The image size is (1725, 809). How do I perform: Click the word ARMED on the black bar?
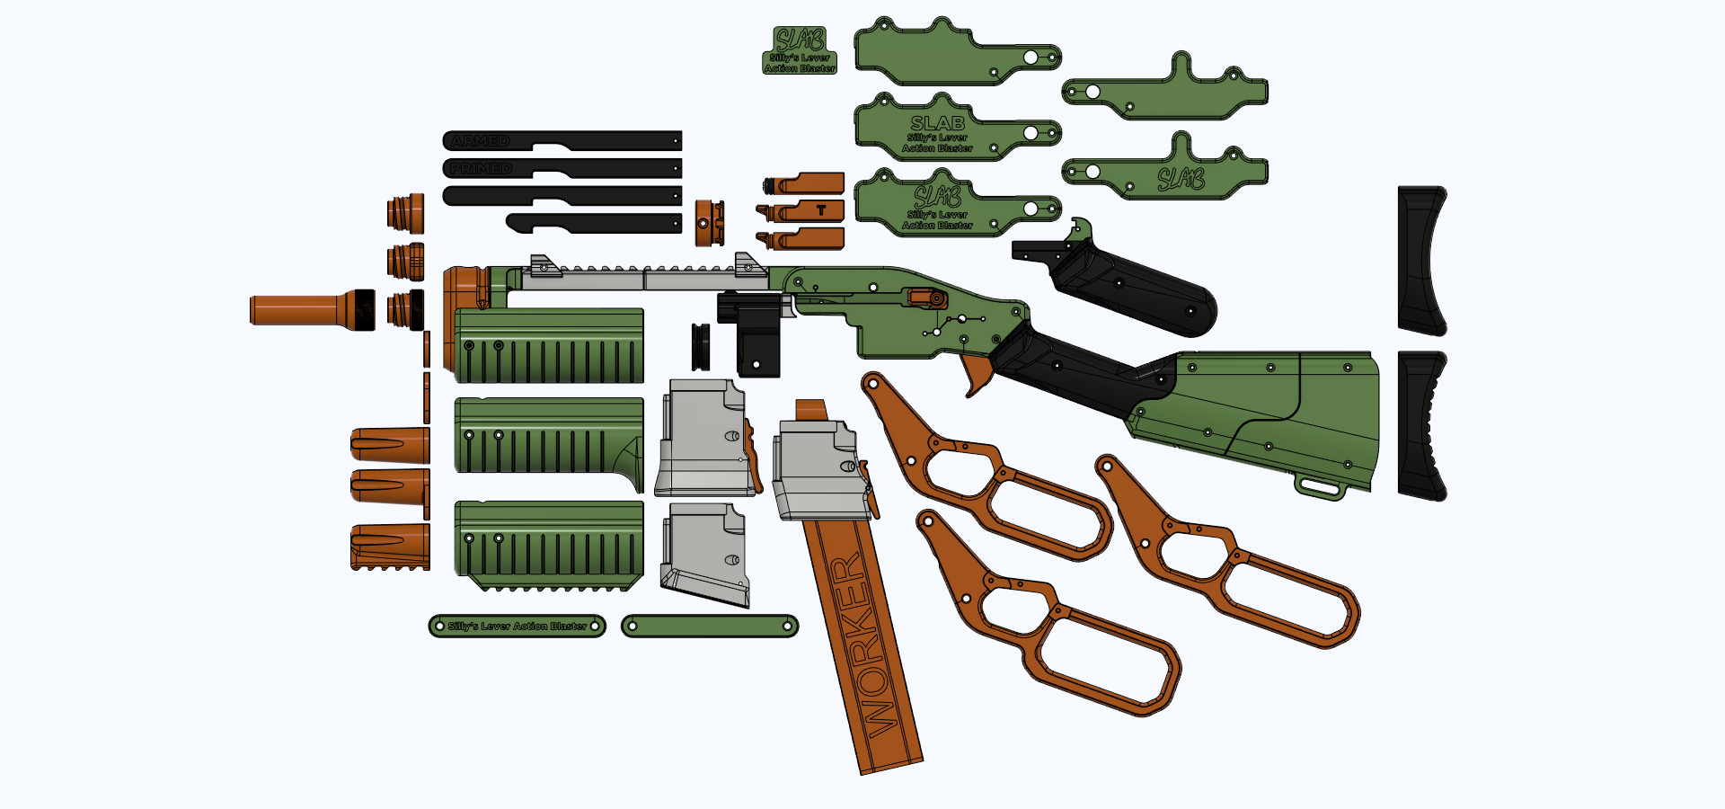481,141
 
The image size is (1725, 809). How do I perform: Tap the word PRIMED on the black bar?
481,169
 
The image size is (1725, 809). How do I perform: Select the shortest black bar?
594,223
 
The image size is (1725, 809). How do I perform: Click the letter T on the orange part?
821,210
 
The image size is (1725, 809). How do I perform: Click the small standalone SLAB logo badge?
800,50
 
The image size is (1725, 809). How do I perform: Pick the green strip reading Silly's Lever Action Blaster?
517,626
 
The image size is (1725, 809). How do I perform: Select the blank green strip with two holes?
710,626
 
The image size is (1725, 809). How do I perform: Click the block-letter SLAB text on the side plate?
937,123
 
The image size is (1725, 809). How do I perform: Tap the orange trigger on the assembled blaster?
976,373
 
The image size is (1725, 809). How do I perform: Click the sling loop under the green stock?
1321,489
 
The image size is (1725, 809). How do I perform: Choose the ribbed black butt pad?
1421,426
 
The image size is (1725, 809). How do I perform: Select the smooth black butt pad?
1421,261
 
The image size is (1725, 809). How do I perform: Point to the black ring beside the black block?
700,347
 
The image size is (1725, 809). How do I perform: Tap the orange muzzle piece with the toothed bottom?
390,547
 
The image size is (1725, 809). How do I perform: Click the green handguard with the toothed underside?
549,545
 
